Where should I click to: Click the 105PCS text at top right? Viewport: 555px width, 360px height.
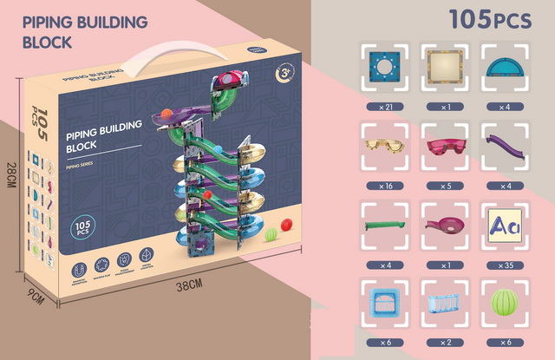(x=488, y=20)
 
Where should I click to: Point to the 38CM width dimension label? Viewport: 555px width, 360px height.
(x=187, y=285)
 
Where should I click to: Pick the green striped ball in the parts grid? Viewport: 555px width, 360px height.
(x=505, y=304)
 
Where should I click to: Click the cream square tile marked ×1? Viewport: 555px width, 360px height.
(x=443, y=66)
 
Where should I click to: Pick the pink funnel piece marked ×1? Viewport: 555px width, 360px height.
(x=443, y=225)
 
